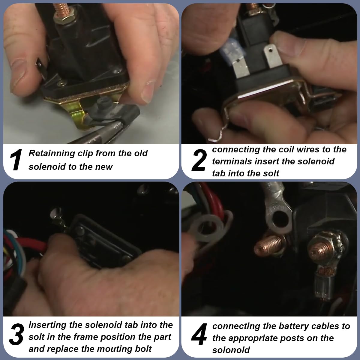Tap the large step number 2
click(199, 160)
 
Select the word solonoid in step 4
click(231, 350)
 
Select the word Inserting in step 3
click(47, 325)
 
